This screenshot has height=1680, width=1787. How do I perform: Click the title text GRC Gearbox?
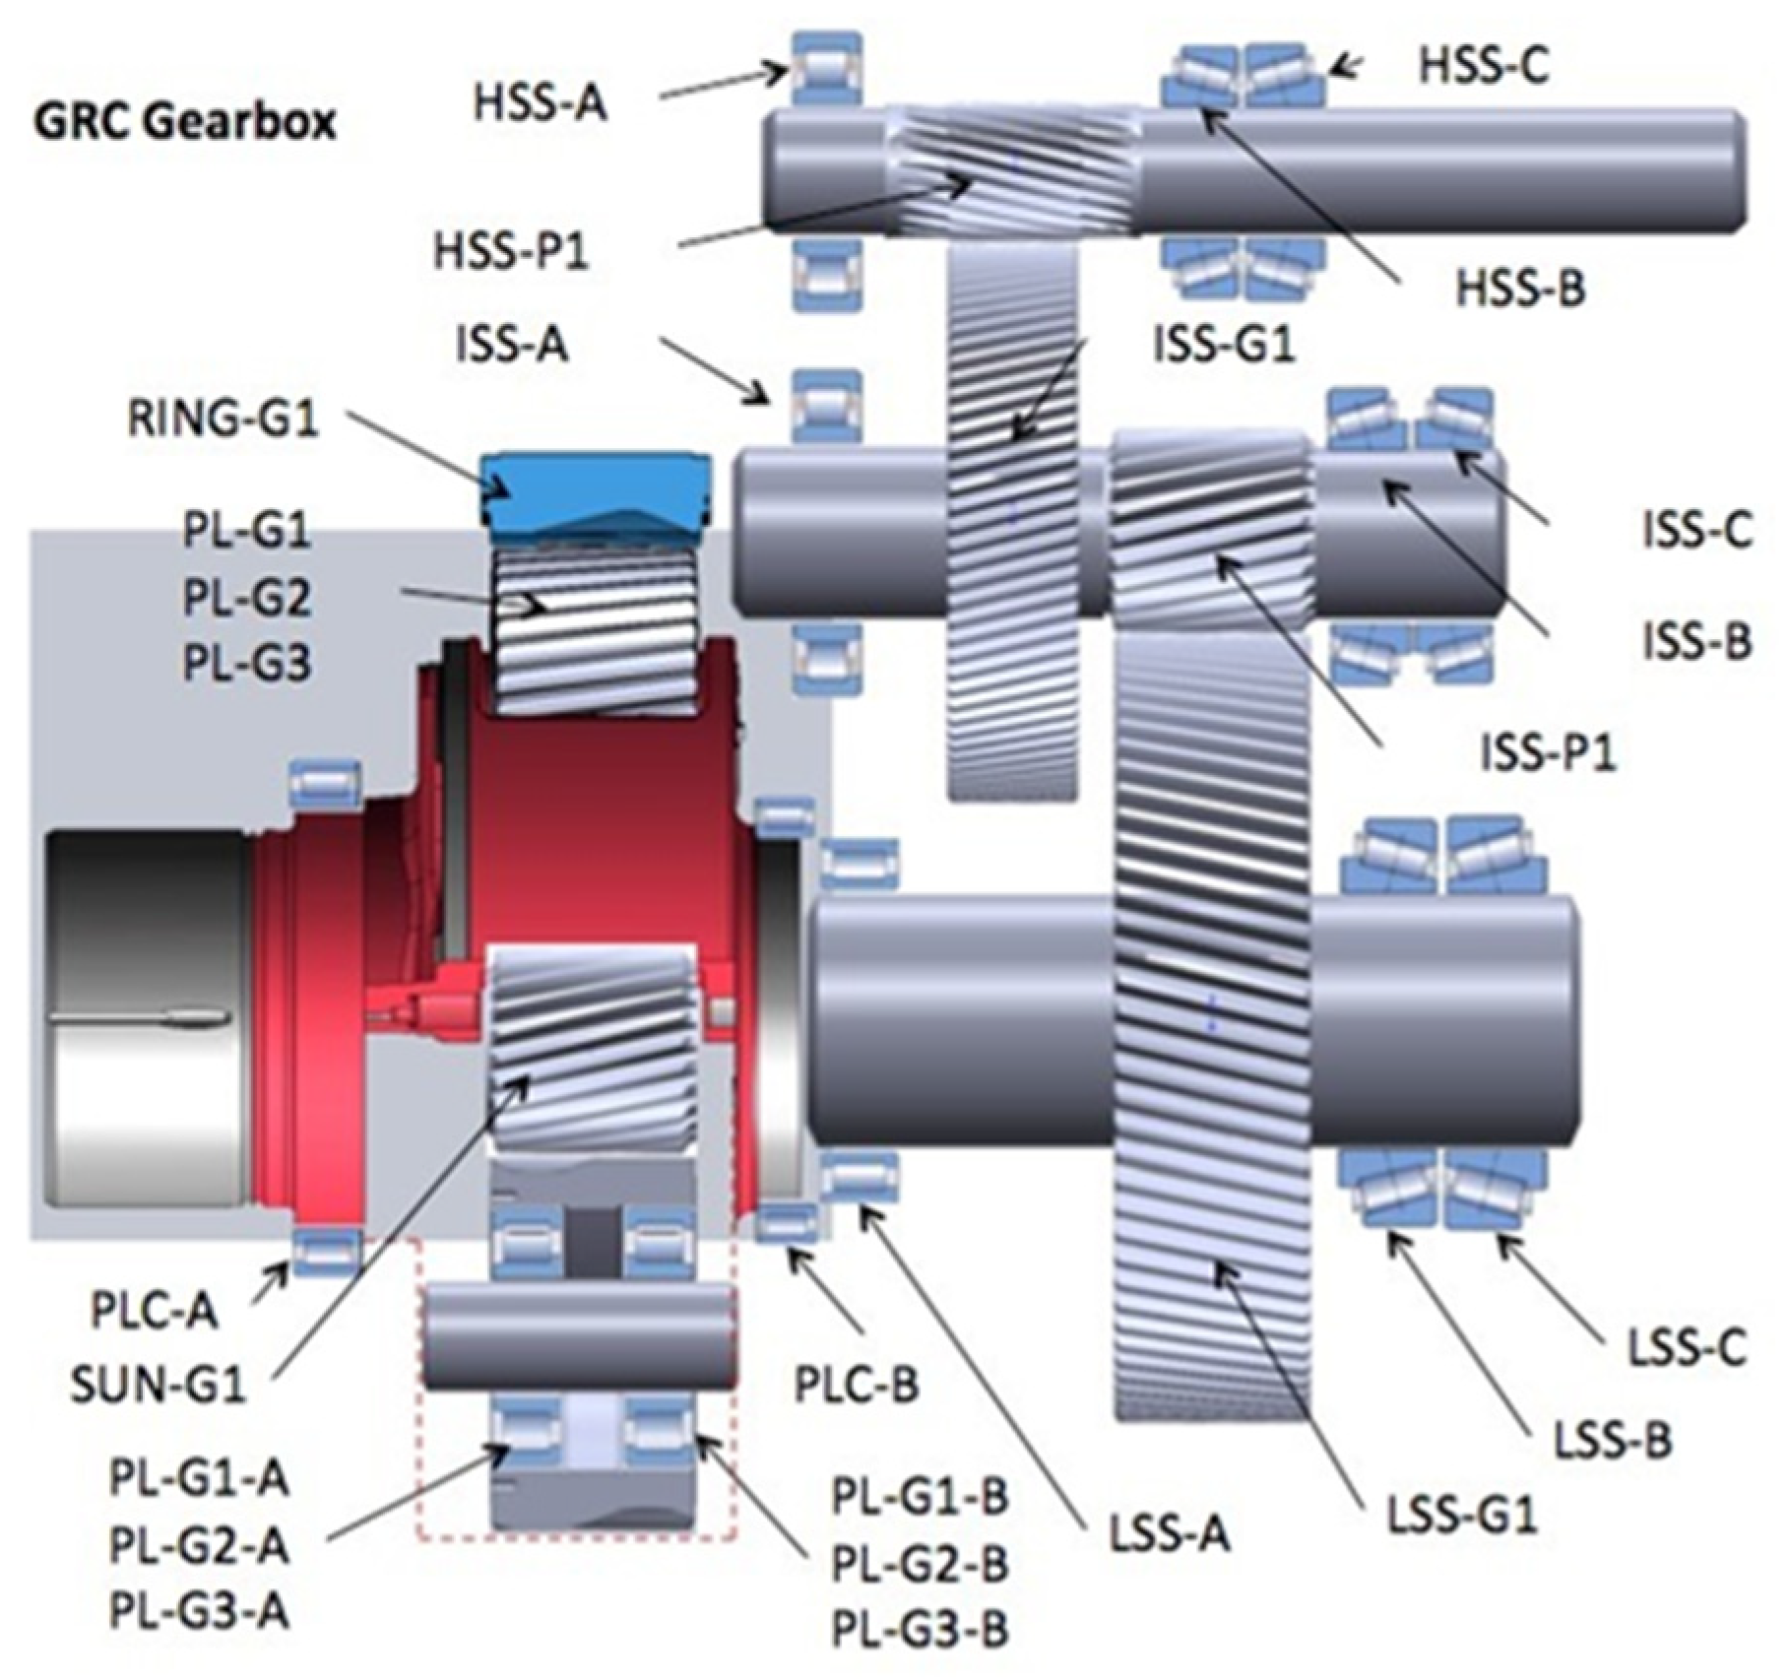[x=185, y=123]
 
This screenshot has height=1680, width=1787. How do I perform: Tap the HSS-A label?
[x=541, y=102]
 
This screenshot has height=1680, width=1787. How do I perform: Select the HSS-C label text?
[x=1484, y=65]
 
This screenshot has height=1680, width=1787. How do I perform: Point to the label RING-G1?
[x=223, y=420]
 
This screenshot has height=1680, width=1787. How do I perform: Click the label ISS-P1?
[x=1550, y=753]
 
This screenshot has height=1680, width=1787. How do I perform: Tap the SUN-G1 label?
[x=158, y=1389]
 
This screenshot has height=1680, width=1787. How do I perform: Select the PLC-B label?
[x=857, y=1385]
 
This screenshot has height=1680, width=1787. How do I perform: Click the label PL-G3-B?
[x=921, y=1630]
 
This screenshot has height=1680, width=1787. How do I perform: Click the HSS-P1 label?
[x=511, y=252]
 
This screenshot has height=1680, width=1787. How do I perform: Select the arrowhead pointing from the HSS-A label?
[x=779, y=70]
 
